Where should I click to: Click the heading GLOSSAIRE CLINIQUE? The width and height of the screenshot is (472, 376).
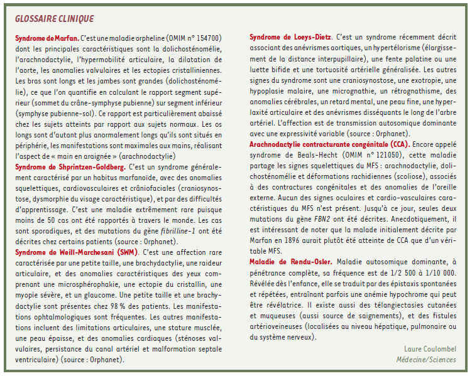(x=54, y=18)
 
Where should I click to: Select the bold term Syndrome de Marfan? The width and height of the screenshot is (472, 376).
(x=47, y=38)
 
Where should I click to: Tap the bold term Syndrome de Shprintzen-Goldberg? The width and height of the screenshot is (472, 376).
(x=69, y=168)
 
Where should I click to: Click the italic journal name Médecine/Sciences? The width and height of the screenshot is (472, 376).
(x=425, y=360)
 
